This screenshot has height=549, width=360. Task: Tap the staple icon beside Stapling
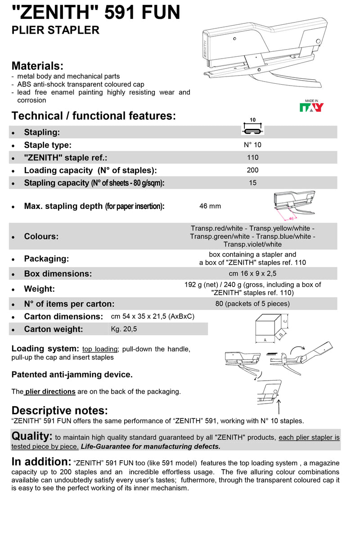[x=252, y=129]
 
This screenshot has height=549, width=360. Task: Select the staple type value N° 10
[x=252, y=145]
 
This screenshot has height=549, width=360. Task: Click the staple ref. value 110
[x=252, y=158]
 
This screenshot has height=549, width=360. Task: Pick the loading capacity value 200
[x=252, y=170]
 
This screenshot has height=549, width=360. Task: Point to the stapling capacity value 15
[x=252, y=183]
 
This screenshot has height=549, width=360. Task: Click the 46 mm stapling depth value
[x=210, y=206]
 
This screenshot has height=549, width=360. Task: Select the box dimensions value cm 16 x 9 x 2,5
[x=252, y=273]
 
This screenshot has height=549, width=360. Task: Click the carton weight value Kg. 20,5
[x=124, y=329]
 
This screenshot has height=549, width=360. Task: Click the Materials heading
[x=37, y=66]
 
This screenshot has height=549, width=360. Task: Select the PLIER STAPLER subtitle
[x=55, y=30]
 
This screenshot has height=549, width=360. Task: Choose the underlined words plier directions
[x=50, y=391]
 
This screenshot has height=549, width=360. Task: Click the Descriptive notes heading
[x=59, y=410]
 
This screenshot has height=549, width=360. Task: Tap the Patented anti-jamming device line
[x=72, y=374]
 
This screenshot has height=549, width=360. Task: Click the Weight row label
[x=39, y=289]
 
